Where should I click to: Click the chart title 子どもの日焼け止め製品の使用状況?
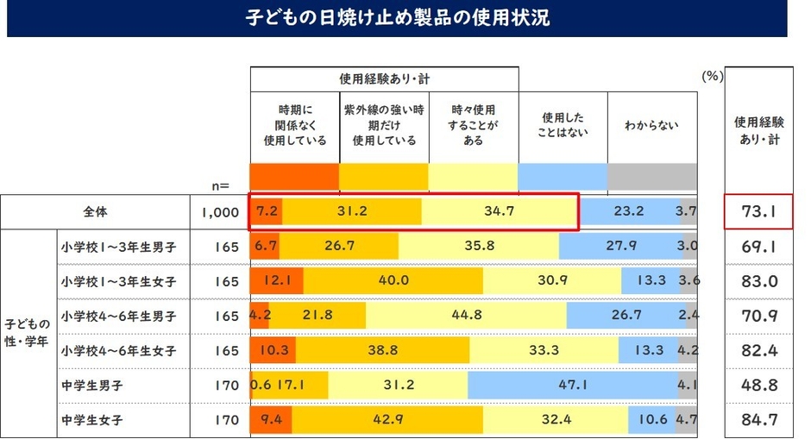click(397, 18)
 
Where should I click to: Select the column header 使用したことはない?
click(563, 125)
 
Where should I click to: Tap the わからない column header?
click(651, 125)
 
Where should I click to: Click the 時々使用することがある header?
click(474, 125)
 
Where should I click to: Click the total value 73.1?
click(756, 211)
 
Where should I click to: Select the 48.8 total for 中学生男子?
click(756, 385)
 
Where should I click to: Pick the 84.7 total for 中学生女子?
click(756, 420)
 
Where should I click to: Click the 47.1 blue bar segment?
click(572, 385)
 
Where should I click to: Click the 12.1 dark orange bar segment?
click(276, 281)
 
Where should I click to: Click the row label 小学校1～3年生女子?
click(119, 281)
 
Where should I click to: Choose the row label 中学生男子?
click(91, 385)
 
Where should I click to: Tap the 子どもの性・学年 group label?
click(28, 333)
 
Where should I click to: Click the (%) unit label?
click(711, 76)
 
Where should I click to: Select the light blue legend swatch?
click(563, 176)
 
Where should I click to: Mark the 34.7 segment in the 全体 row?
click(499, 211)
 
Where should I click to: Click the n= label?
click(220, 184)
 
